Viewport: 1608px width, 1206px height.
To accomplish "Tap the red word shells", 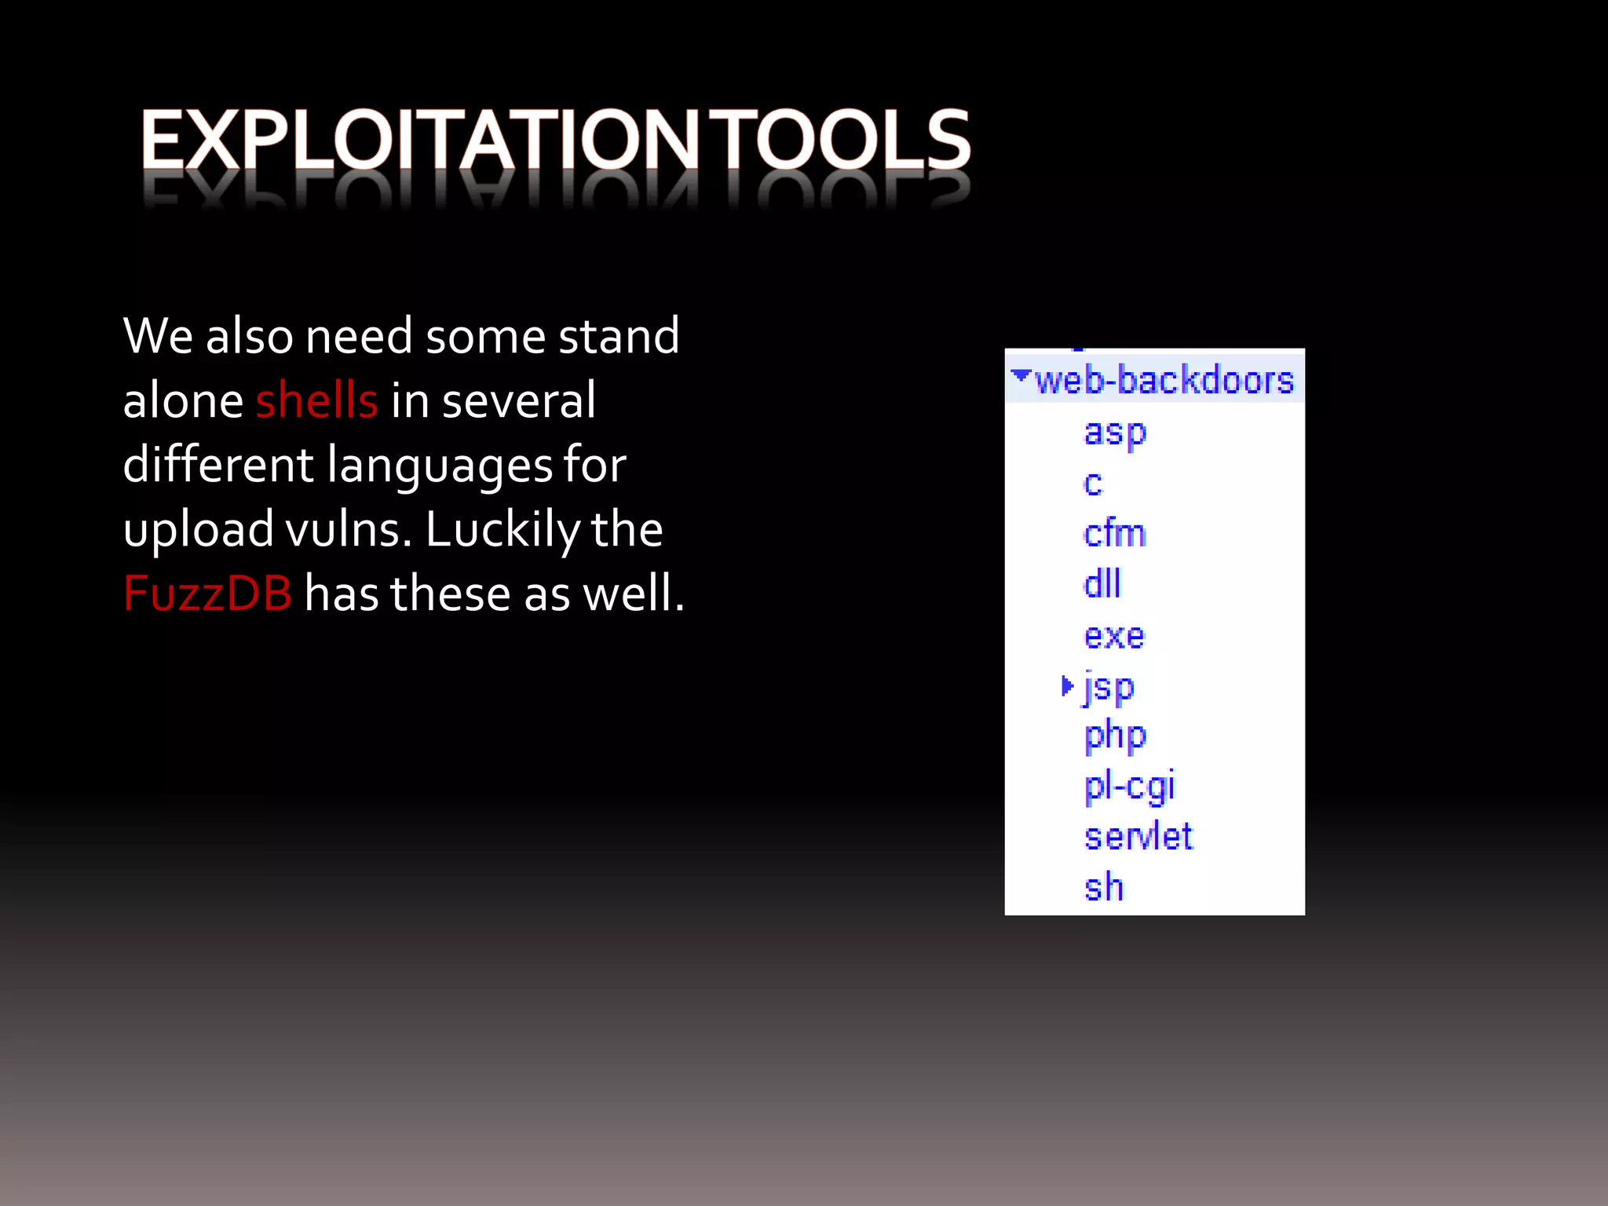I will pos(316,400).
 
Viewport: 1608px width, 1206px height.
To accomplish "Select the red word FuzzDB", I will pos(207,594).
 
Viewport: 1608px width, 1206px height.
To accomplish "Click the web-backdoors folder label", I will pos(1164,381).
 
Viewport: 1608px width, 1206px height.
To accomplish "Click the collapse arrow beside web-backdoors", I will pos(1020,375).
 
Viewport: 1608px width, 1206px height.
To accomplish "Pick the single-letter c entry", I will pos(1092,484).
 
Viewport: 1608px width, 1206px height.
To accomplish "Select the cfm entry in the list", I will pos(1114,534).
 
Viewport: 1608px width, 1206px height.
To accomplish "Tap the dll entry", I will pos(1102,585).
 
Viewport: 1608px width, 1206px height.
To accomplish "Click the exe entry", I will pos(1114,636).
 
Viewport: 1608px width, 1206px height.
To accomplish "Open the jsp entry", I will pos(1109,688).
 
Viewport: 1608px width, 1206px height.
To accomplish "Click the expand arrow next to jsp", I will pos(1066,686).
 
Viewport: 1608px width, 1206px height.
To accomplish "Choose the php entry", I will pos(1115,736).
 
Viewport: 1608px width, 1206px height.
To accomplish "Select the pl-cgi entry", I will pos(1129,787).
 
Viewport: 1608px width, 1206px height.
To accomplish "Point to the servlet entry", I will pos(1138,837).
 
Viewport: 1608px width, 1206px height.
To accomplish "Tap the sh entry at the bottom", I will pos(1103,887).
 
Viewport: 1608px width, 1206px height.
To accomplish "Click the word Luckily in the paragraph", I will pos(502,531).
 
